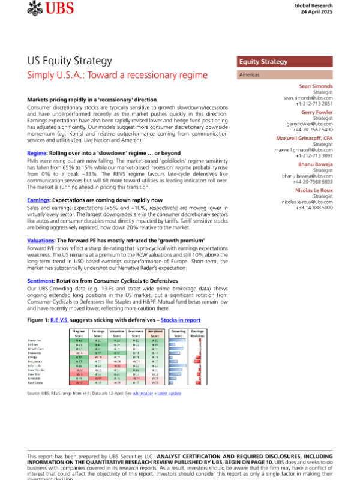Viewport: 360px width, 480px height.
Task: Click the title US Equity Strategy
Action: pos(70,61)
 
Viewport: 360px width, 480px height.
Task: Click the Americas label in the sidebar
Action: pos(251,75)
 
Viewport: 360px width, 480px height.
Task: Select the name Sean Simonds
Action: pos(316,86)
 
